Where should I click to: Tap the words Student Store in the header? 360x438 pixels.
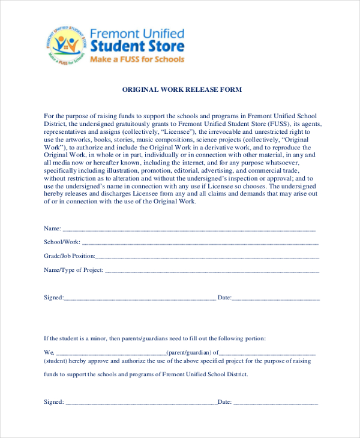[137, 46]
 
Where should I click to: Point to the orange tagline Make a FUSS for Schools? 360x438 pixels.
[137, 59]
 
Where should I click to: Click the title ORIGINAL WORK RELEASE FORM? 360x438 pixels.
[182, 89]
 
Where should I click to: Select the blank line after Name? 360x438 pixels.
[189, 230]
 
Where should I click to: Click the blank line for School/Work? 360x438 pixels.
[200, 244]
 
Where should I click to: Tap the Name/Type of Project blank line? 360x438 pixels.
[212, 271]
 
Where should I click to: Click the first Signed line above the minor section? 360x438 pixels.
[140, 299]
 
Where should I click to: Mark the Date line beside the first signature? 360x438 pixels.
[276, 299]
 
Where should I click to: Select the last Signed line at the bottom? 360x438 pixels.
[142, 403]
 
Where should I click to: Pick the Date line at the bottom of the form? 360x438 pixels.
[276, 403]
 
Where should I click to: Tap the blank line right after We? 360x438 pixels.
[110, 353]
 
